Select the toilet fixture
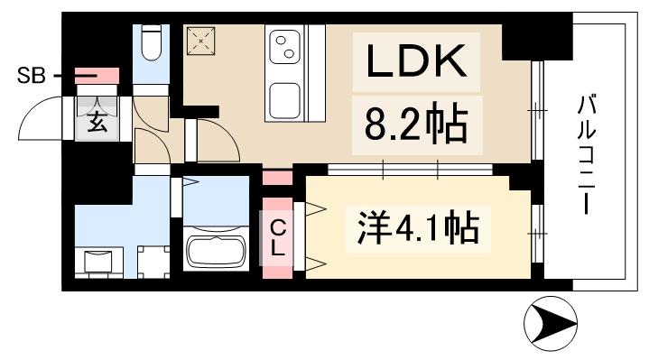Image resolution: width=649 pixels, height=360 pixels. click(151, 38)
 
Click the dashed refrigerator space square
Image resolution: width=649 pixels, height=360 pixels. click(199, 40)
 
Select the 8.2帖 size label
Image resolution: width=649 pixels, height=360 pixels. click(416, 125)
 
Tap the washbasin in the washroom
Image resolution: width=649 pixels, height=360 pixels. click(98, 261)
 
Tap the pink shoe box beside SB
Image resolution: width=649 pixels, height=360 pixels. click(97, 76)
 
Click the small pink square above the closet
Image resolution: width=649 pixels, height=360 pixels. click(277, 176)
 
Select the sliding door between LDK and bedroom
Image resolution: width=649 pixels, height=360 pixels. click(411, 169)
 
